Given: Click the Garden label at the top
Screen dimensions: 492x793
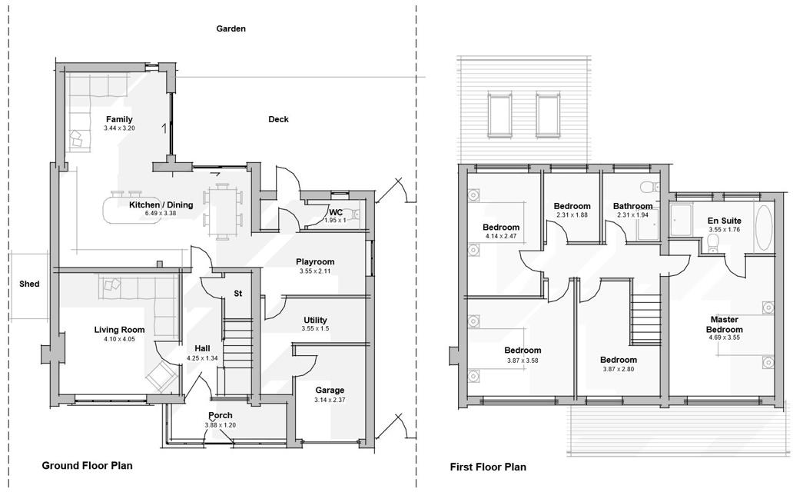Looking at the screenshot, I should pos(231,28).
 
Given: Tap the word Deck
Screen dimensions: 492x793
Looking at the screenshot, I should pos(278,119).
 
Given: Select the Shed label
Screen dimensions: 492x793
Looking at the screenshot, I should pos(29,284).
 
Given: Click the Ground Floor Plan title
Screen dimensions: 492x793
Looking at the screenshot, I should pos(87,465).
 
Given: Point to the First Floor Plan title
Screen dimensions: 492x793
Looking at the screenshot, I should pos(488,467).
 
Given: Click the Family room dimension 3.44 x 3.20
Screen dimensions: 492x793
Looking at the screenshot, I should pos(119,128).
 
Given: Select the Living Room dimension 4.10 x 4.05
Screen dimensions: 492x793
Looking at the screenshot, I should pos(119,338).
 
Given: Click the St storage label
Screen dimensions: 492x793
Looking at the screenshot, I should pos(238,294).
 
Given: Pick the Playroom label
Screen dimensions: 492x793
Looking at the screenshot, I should pos(315,262).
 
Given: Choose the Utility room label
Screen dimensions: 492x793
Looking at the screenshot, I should pos(315,320).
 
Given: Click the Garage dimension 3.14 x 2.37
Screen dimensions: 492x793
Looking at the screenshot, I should pos(330,400).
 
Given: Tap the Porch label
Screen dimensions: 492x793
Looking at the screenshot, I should pos(221,416).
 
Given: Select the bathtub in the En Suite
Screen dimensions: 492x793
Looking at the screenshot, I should pos(765,228).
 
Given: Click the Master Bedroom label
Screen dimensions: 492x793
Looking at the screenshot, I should pos(725,324).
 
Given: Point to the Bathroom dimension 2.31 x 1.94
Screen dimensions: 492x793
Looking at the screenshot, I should pos(632,215).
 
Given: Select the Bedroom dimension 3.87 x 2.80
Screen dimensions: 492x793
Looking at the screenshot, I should pos(619,369).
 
